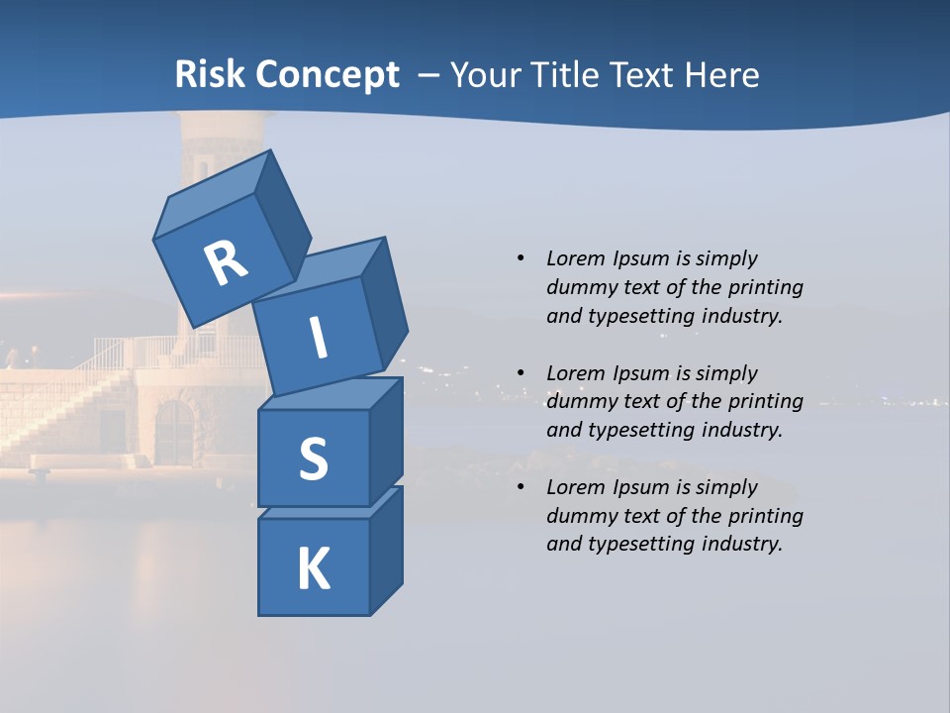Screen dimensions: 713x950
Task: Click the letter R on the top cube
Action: pos(226,263)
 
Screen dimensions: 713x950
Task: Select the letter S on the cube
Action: pos(313,459)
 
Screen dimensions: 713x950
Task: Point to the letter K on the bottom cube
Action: pos(313,569)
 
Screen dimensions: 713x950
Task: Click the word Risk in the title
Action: pos(210,74)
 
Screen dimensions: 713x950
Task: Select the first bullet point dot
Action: pos(521,258)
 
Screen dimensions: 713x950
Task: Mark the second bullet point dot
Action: pos(521,373)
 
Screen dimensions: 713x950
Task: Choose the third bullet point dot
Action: pos(521,487)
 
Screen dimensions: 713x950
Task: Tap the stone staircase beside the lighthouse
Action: pos(59,416)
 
